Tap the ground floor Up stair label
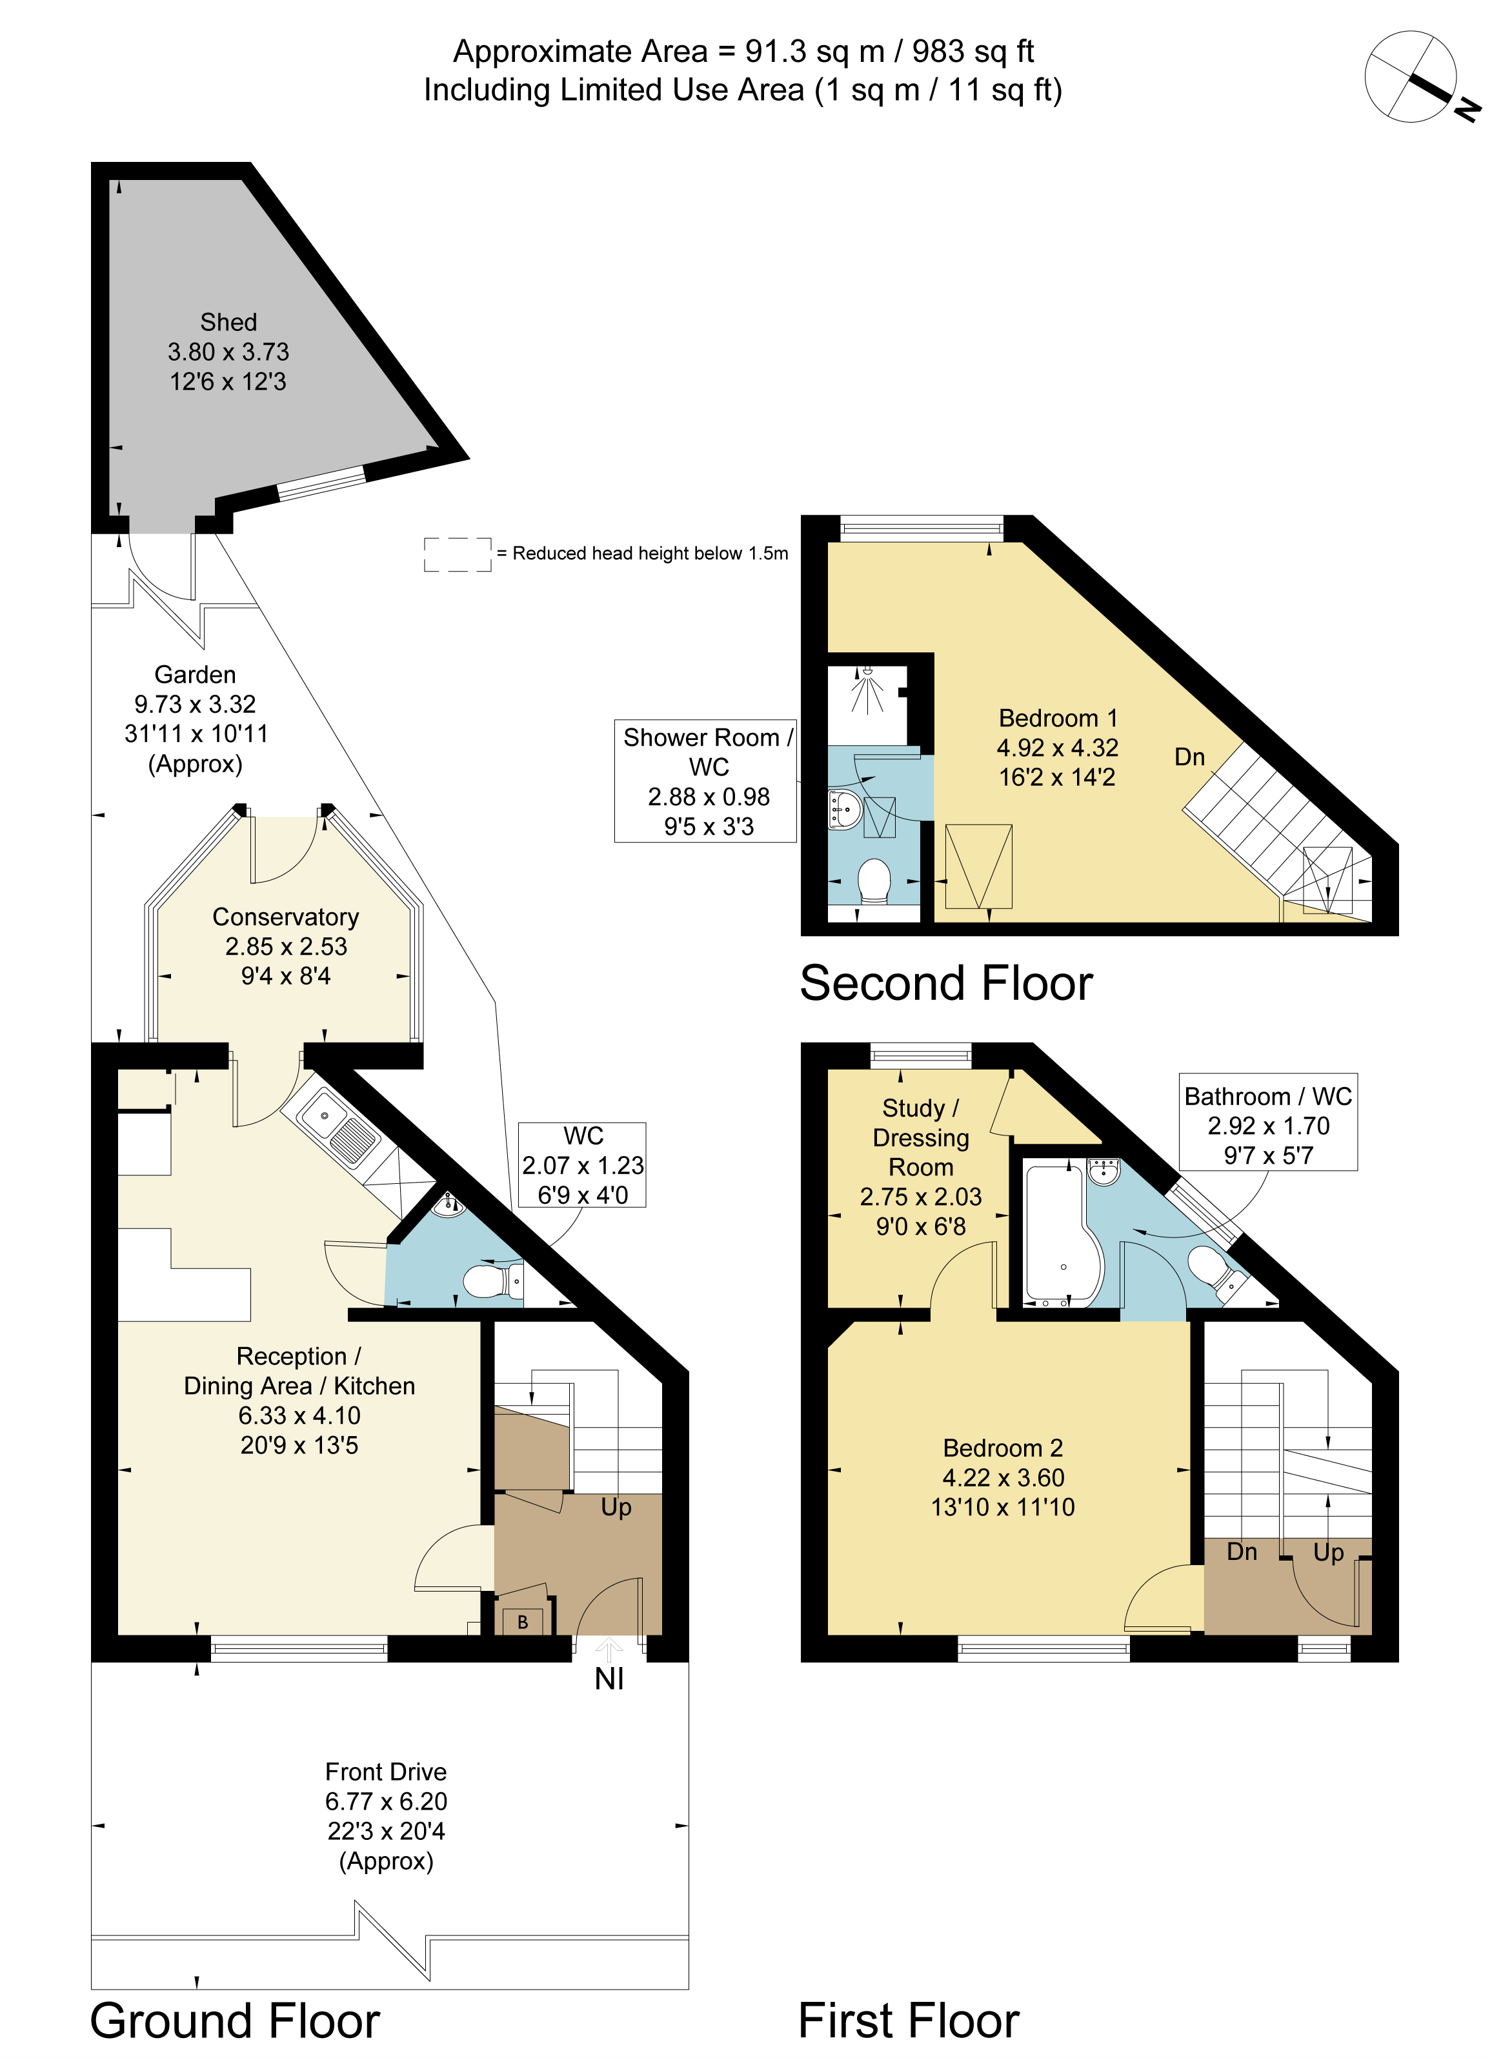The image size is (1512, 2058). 616,1507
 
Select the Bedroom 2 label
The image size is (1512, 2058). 1003,1448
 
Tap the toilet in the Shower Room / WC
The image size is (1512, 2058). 874,881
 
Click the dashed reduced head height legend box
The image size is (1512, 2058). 458,555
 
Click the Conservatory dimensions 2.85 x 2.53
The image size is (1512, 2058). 286,946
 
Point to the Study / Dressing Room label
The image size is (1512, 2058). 921,1137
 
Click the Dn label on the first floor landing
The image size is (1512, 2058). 1242,1552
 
